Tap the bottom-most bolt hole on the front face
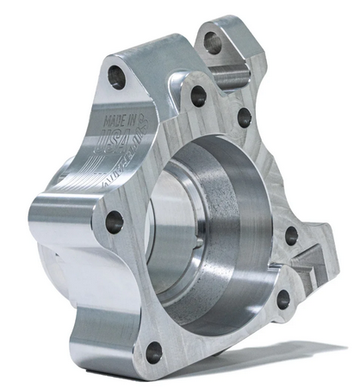pyautogui.click(x=154, y=352)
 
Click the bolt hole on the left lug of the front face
pyautogui.click(x=115, y=222)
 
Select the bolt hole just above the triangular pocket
pyautogui.click(x=291, y=235)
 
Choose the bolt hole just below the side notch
pyautogui.click(x=283, y=298)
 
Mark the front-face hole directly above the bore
pyautogui.click(x=198, y=96)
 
